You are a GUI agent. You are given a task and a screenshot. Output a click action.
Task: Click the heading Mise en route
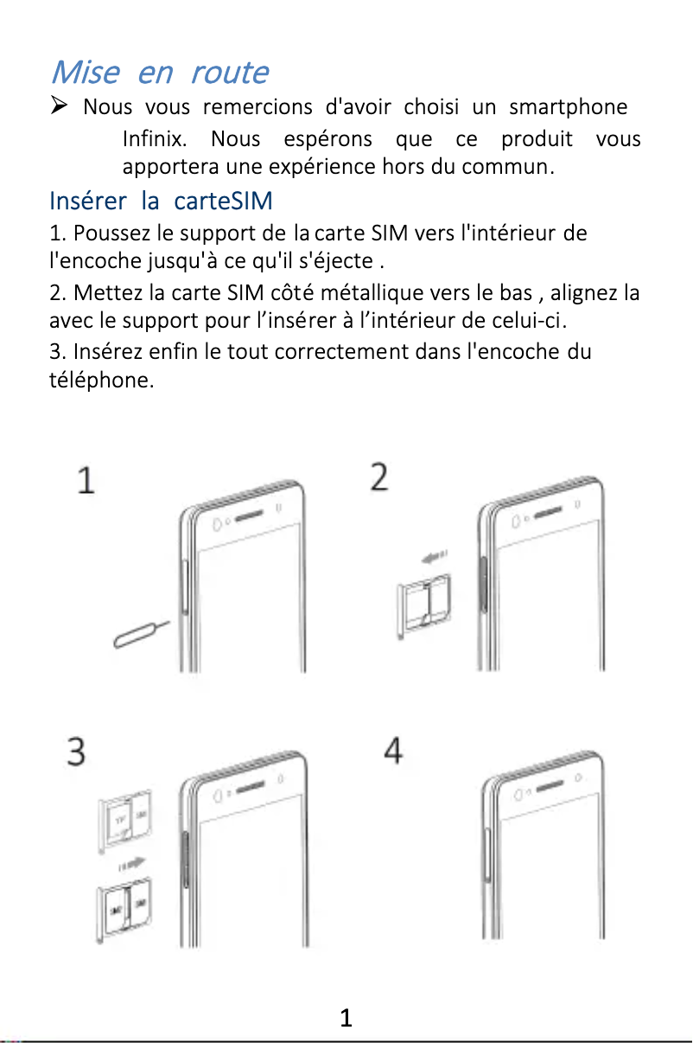160,72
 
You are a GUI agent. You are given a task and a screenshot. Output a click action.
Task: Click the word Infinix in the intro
149,139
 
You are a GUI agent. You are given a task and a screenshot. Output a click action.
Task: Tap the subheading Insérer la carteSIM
161,202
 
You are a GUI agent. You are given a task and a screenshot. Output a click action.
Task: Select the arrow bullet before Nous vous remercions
60,107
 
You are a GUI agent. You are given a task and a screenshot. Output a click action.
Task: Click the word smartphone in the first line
568,107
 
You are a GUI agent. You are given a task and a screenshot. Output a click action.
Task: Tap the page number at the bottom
346,1018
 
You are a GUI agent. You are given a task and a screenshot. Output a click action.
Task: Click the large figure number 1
86,480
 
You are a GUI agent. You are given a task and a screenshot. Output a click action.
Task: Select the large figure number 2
380,477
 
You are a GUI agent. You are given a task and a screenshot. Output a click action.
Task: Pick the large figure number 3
77,751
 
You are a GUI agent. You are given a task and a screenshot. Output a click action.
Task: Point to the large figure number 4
393,750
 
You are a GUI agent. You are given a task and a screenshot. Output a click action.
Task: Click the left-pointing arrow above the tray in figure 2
434,559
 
